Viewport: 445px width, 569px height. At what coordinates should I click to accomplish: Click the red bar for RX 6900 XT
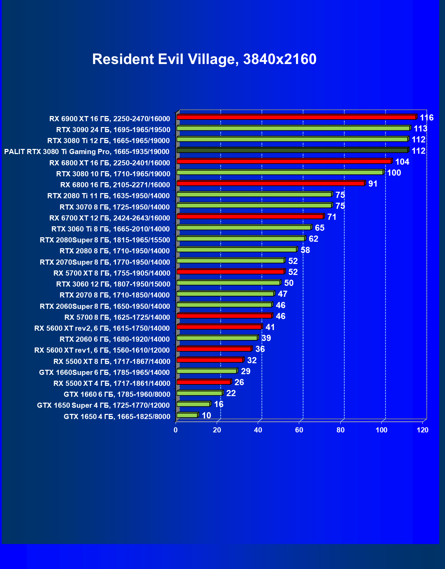tap(296, 117)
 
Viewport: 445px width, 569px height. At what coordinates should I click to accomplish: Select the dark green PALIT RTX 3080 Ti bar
tap(292, 150)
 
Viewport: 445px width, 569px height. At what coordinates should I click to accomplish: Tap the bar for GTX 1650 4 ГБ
tap(187, 415)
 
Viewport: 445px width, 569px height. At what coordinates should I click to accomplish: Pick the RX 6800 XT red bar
tap(284, 161)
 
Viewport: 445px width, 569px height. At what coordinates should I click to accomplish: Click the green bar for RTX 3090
tap(293, 128)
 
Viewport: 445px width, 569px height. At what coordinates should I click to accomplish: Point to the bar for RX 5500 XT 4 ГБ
tap(204, 382)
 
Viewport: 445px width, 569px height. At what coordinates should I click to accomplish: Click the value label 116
tap(427, 118)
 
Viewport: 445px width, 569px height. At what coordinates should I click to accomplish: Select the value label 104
tap(402, 162)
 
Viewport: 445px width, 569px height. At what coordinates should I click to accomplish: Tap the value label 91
tap(373, 184)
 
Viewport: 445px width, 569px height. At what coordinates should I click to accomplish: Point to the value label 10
tap(206, 416)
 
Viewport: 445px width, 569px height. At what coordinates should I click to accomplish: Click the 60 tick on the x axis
tap(299, 430)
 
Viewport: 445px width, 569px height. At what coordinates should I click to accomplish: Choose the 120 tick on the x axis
tap(423, 430)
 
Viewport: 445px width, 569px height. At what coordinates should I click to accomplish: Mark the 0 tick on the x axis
tap(176, 430)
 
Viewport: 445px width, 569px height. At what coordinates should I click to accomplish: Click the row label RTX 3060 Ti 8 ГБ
tap(110, 229)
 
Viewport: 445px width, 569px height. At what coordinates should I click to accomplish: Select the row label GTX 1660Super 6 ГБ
tap(104, 372)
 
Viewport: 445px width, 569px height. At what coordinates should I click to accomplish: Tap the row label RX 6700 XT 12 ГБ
tap(110, 218)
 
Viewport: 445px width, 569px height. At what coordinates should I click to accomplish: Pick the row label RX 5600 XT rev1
tap(102, 350)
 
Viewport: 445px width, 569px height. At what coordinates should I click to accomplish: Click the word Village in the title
tap(213, 59)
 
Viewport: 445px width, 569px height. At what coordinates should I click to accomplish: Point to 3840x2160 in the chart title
tap(280, 59)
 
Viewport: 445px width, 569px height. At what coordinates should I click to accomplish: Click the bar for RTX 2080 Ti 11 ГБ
tap(254, 194)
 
